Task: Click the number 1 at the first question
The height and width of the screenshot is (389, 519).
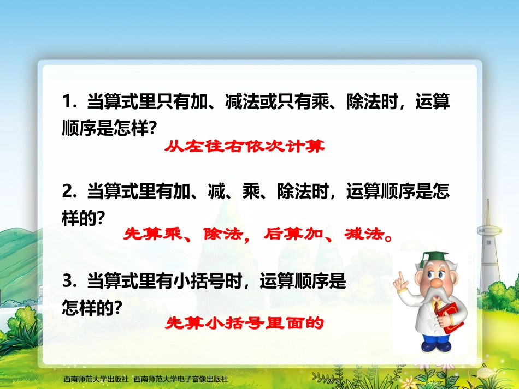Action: pyautogui.click(x=67, y=102)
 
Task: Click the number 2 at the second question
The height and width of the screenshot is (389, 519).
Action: pyautogui.click(x=68, y=191)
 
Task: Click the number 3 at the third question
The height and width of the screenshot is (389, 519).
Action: pyautogui.click(x=68, y=281)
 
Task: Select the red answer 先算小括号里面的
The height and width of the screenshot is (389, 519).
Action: pyautogui.click(x=245, y=324)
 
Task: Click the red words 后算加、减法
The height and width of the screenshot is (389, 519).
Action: pyautogui.click(x=328, y=235)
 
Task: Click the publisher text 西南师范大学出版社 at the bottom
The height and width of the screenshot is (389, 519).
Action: pyautogui.click(x=96, y=379)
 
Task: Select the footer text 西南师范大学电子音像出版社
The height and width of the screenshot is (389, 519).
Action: pyautogui.click(x=180, y=379)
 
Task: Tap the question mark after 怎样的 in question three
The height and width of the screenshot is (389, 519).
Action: pyautogui.click(x=116, y=308)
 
